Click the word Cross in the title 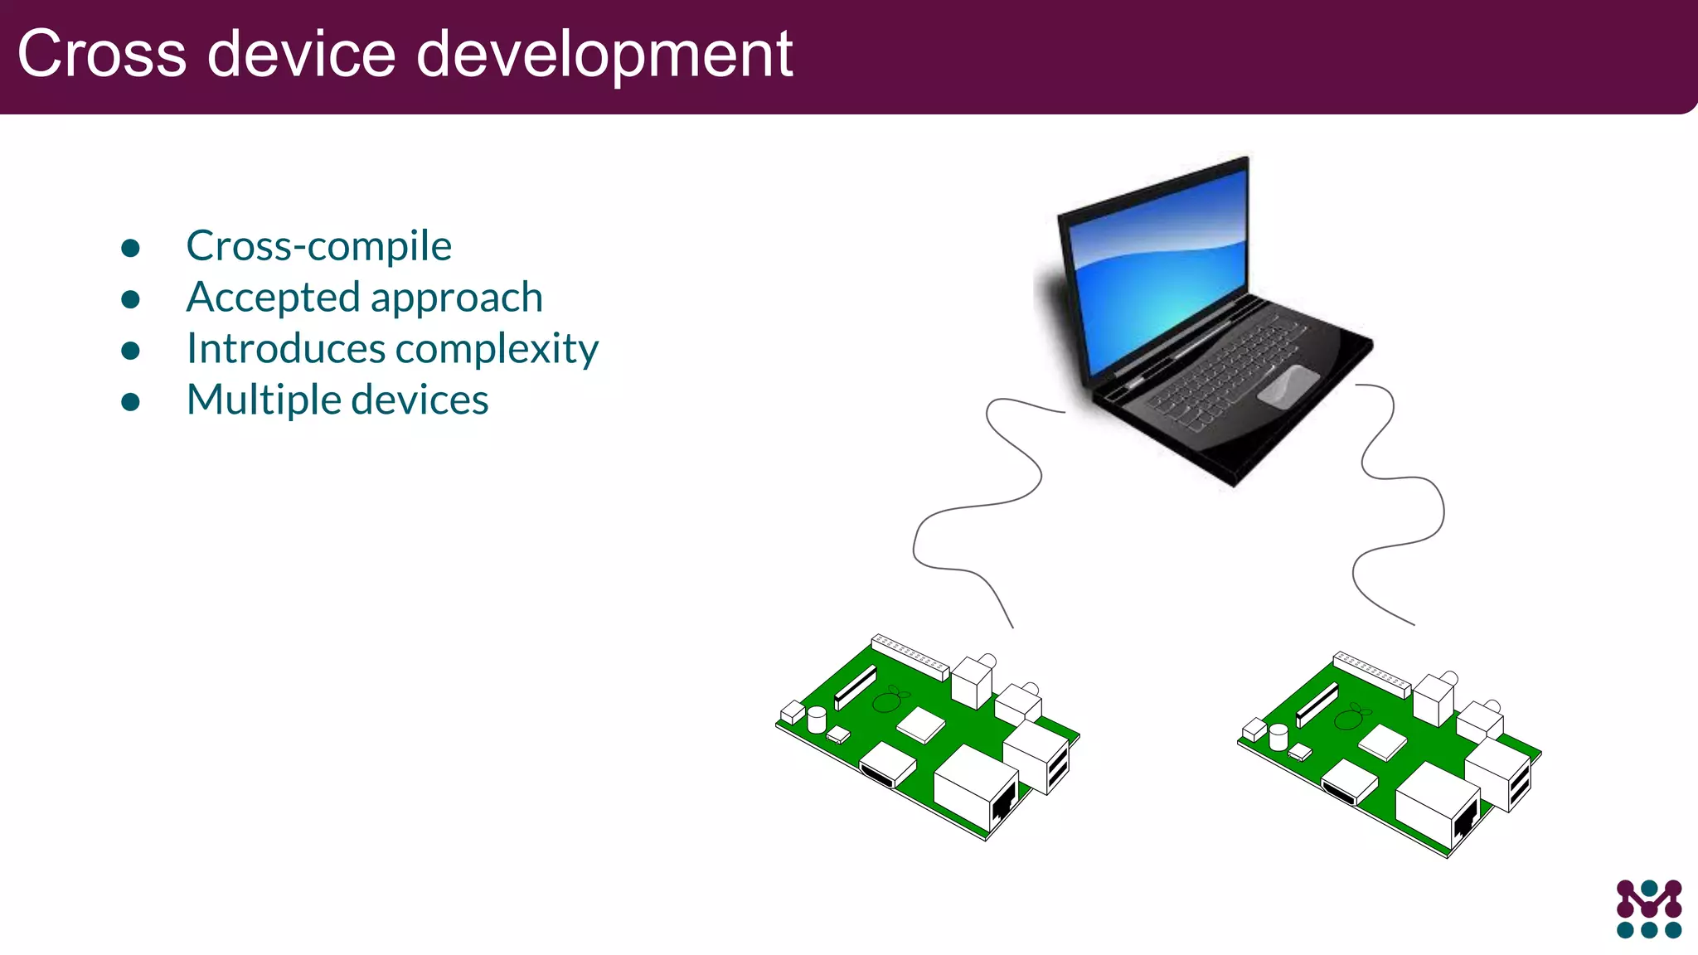[102, 55]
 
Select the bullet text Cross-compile [319, 246]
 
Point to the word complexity [497, 349]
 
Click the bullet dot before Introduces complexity [130, 351]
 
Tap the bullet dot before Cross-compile [130, 248]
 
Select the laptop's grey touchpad [1288, 386]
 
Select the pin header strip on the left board [910, 657]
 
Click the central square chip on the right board [1382, 742]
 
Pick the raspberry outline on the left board [888, 700]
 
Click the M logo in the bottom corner [1648, 909]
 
